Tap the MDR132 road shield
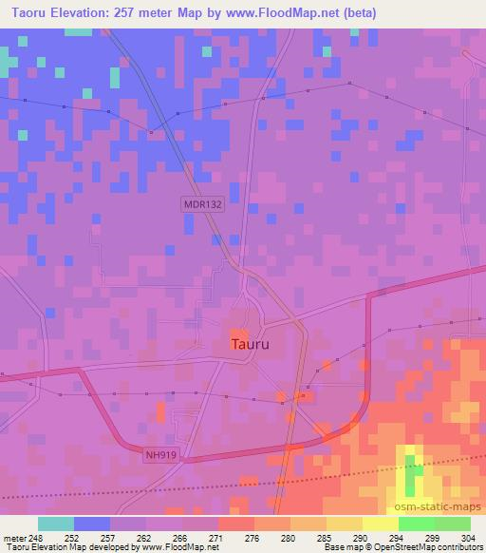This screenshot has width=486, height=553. (201, 203)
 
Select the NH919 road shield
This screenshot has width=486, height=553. (163, 455)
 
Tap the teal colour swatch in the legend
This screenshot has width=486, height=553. (56, 524)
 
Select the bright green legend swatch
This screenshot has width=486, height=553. (416, 524)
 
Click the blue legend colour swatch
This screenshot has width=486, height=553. (92, 524)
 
